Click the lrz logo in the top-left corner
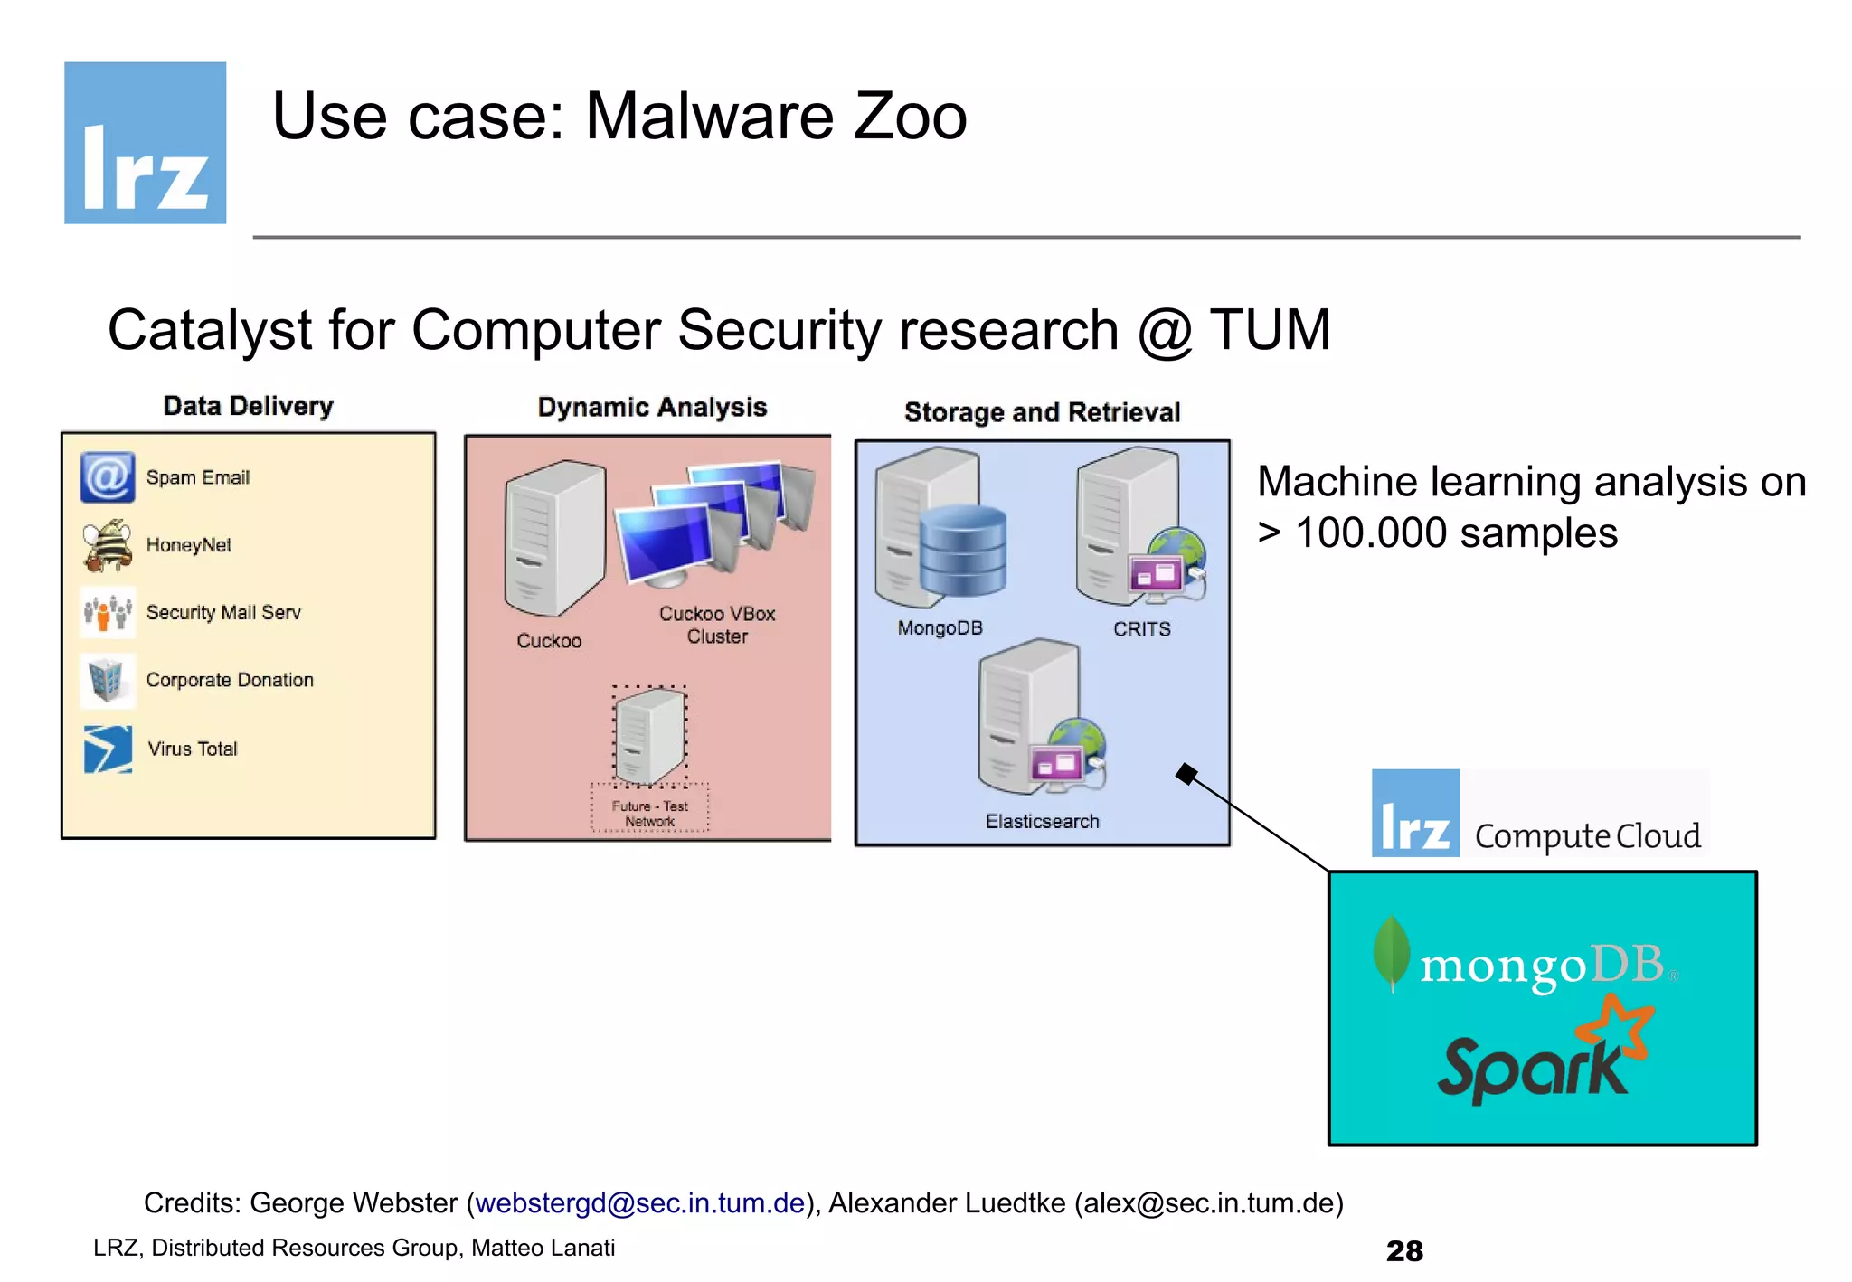tap(145, 143)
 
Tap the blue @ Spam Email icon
tap(108, 477)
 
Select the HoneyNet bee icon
tap(108, 545)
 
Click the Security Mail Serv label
tap(222, 613)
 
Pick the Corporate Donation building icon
tap(107, 680)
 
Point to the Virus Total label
tap(193, 749)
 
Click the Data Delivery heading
tap(249, 406)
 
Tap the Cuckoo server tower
tap(553, 538)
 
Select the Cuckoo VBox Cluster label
tap(717, 625)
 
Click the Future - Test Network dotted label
tap(649, 813)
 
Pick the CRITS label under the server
tap(1141, 629)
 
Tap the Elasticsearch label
tap(1042, 821)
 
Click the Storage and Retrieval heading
tap(1042, 412)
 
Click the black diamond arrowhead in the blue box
tap(1186, 774)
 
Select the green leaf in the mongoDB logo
tap(1391, 951)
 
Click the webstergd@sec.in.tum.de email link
tap(639, 1202)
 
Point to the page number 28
tap(1403, 1250)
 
